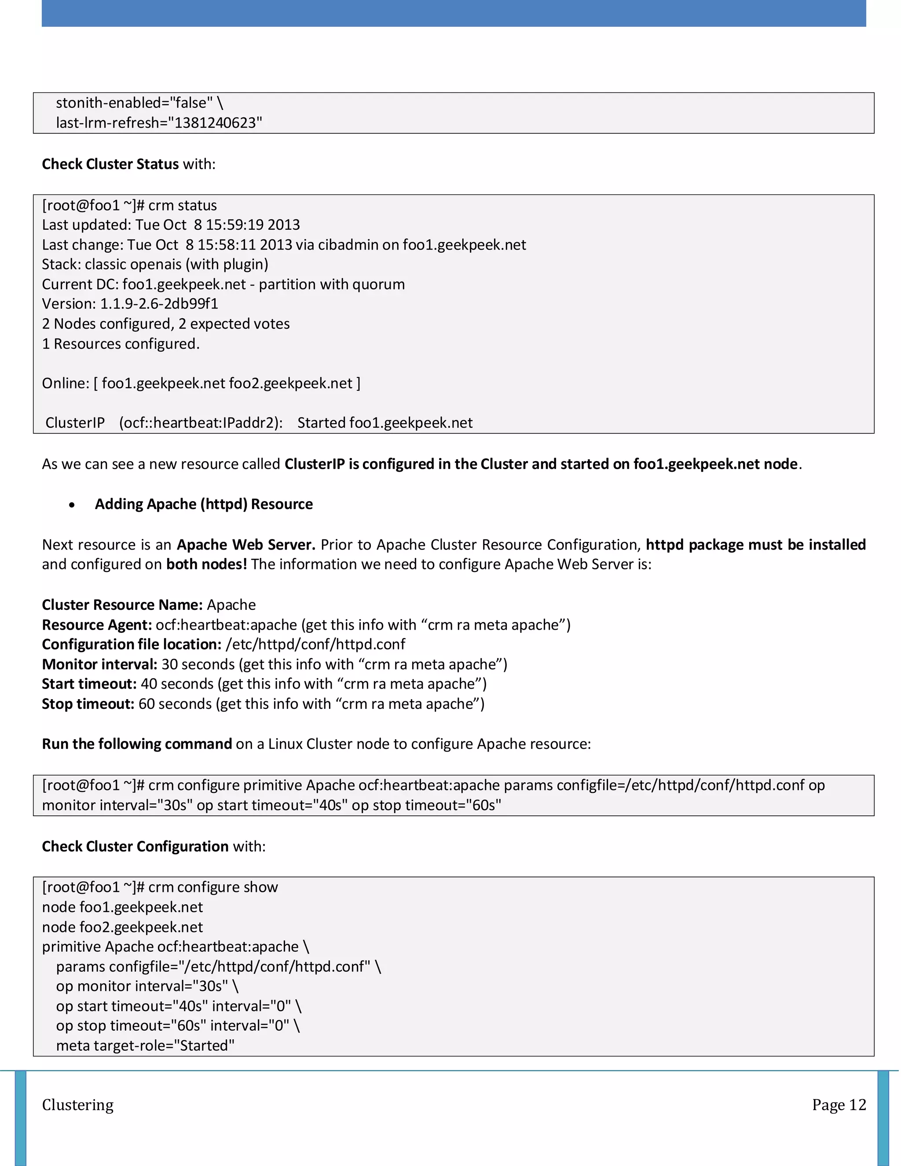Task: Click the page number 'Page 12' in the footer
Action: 839,1104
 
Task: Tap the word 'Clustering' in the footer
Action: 78,1104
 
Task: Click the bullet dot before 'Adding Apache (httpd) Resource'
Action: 72,505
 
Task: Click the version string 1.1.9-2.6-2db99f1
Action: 159,304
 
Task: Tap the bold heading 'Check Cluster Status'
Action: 110,164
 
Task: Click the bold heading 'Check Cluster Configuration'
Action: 135,846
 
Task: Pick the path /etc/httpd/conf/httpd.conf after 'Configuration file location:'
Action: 315,645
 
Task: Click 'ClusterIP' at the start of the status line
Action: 75,423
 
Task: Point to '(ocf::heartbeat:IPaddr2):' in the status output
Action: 201,423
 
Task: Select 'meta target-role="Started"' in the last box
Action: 145,1045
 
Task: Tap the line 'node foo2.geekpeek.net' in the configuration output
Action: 122,927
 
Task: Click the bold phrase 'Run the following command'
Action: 137,744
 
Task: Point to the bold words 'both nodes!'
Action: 206,565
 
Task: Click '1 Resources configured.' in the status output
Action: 121,344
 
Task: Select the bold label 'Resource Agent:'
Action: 97,625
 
